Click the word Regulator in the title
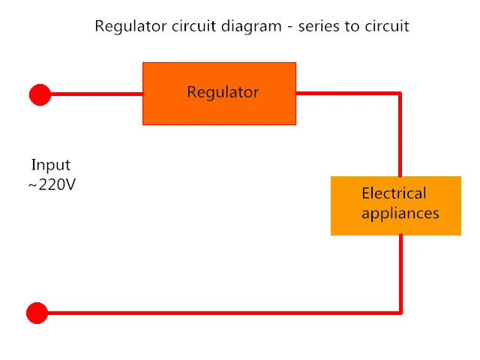click(131, 27)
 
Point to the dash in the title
click(289, 27)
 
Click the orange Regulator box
click(219, 94)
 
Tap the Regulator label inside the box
click(223, 93)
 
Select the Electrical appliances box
click(396, 205)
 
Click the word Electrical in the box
click(394, 193)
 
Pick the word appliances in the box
click(400, 213)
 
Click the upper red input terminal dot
click(40, 95)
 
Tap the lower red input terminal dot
click(37, 313)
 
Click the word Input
click(51, 165)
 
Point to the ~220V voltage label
click(52, 184)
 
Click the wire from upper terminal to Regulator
click(97, 94)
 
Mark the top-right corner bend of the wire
click(400, 93)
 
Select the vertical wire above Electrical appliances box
click(400, 135)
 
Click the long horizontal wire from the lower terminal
click(223, 313)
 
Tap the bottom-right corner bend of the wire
click(400, 313)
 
